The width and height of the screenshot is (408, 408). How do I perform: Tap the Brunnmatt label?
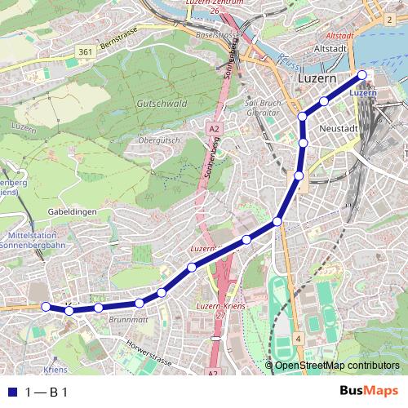pyautogui.click(x=126, y=320)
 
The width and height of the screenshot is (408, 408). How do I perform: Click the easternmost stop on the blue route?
pyautogui.click(x=363, y=76)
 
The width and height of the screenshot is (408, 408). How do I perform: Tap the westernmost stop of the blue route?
pyautogui.click(x=46, y=306)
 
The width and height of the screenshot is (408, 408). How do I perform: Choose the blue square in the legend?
pyautogui.click(x=11, y=392)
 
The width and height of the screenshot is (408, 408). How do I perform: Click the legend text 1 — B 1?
pyautogui.click(x=47, y=392)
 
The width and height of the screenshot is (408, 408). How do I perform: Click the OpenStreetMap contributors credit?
pyautogui.click(x=336, y=365)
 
